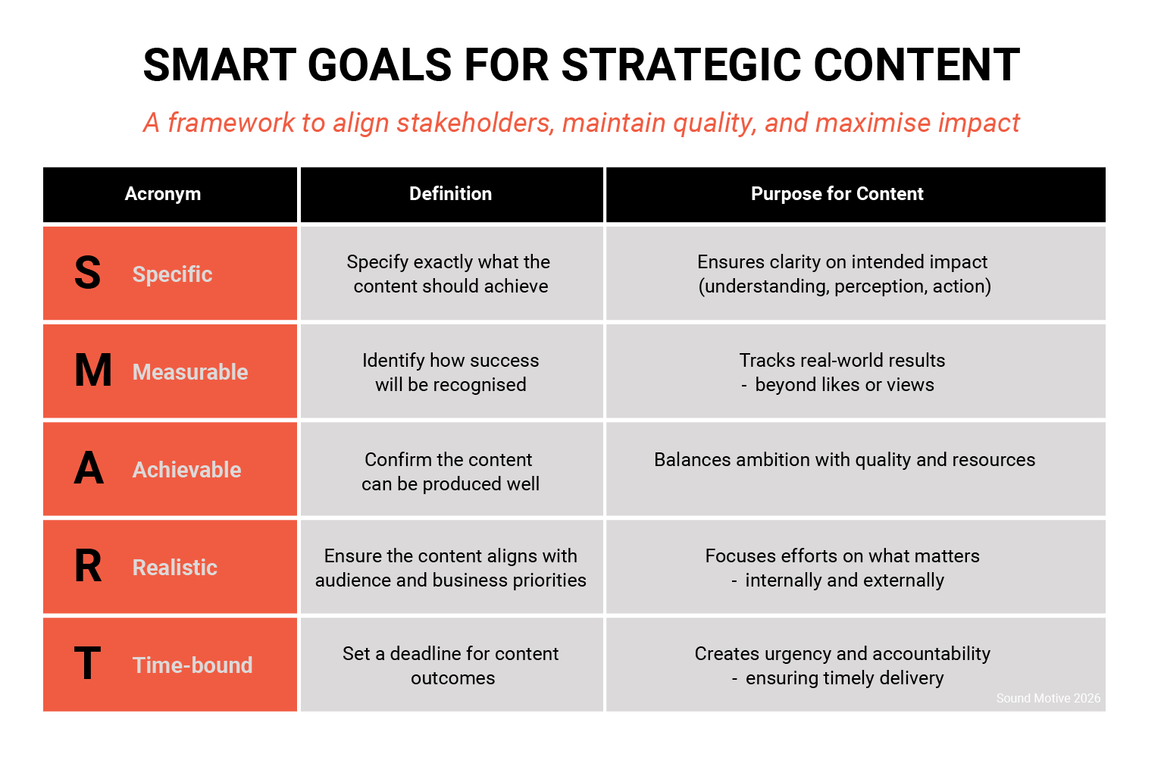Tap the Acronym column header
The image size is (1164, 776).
click(x=163, y=194)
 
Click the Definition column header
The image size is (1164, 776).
click(x=450, y=194)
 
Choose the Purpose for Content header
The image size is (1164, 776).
click(x=837, y=194)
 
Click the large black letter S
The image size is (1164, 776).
click(x=87, y=273)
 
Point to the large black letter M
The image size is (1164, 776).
click(x=92, y=371)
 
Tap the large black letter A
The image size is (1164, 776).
click(x=89, y=468)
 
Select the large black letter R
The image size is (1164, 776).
click(x=88, y=566)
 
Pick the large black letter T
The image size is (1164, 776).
click(x=87, y=664)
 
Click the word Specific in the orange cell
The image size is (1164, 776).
click(x=172, y=274)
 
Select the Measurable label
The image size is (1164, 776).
click(x=190, y=372)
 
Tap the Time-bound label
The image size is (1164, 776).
click(x=192, y=665)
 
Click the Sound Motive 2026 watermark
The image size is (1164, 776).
click(x=1048, y=698)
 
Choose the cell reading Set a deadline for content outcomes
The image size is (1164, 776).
click(x=451, y=665)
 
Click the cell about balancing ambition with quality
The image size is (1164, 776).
click(x=844, y=460)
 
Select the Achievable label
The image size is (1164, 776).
click(x=186, y=470)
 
